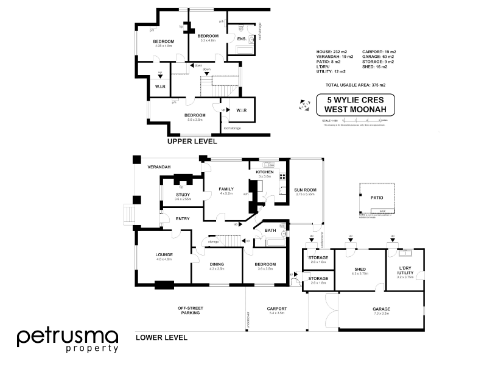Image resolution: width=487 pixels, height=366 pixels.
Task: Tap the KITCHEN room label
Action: point(264,173)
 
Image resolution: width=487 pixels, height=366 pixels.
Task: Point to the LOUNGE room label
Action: point(164,255)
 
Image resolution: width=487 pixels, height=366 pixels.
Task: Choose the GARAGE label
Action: point(382,309)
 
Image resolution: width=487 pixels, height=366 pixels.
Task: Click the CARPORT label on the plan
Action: point(276,309)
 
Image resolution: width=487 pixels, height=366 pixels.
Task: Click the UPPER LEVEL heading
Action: point(192,141)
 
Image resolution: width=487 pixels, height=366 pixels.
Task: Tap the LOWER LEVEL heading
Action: point(161,337)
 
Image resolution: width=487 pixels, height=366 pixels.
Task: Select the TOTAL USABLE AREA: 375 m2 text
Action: point(356,85)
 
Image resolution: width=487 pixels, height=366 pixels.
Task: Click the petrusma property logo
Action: point(68,339)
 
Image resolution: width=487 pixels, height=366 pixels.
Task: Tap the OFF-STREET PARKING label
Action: point(190,310)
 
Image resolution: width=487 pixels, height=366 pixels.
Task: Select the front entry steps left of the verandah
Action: point(128,214)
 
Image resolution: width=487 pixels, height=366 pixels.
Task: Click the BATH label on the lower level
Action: point(271,231)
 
